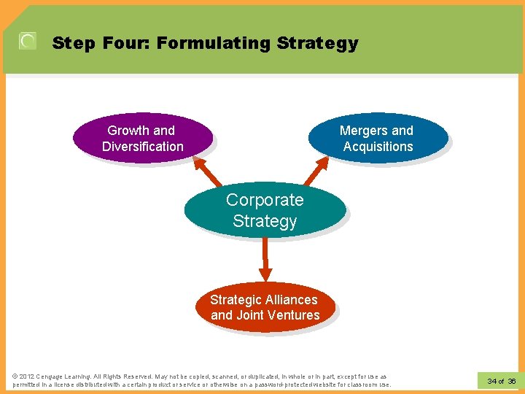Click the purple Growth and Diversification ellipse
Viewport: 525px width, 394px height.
click(x=142, y=138)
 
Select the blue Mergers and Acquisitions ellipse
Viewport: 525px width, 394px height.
click(x=378, y=138)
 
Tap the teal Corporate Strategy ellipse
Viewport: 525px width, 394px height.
click(x=264, y=210)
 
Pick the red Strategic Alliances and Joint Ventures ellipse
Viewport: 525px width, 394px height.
click(x=265, y=307)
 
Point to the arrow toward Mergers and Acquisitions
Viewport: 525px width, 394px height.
click(x=316, y=171)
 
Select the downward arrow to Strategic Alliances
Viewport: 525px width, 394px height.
click(x=265, y=259)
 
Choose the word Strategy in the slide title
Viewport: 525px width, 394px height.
click(x=318, y=43)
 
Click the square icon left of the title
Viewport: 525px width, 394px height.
click(x=28, y=42)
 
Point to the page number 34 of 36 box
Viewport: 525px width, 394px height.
click(x=501, y=381)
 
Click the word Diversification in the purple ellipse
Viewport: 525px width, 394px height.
click(x=143, y=147)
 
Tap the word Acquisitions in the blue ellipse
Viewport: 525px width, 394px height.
click(x=378, y=147)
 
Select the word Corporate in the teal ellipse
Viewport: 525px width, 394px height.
click(x=265, y=200)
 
